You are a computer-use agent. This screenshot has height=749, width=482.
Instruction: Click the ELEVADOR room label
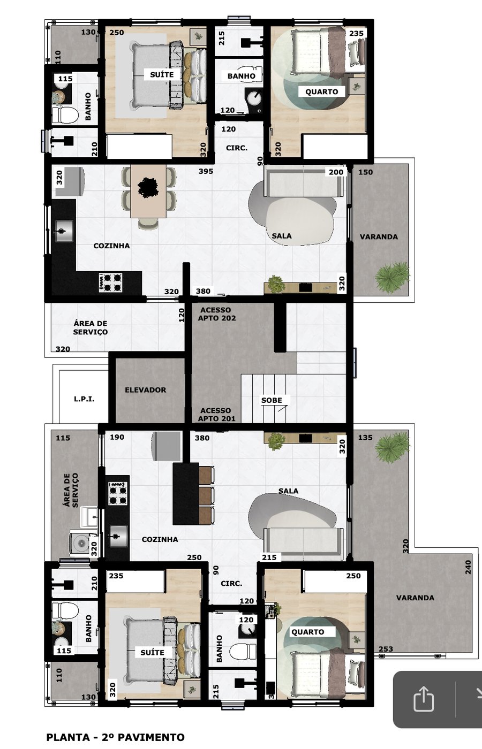(145, 390)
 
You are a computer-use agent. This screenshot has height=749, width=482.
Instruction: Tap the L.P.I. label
(84, 399)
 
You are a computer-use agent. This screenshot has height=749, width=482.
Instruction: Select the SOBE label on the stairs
(272, 400)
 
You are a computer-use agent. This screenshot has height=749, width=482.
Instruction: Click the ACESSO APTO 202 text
(216, 314)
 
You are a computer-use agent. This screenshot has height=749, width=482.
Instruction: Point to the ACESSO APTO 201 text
(216, 415)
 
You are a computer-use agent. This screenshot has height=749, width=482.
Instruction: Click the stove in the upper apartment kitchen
(110, 282)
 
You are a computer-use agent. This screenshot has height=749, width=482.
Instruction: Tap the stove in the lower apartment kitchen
(118, 493)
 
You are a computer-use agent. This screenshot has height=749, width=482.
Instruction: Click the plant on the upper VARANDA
(392, 277)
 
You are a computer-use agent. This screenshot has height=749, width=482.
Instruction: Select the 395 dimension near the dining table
(206, 171)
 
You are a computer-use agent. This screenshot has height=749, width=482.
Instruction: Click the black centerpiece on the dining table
(148, 187)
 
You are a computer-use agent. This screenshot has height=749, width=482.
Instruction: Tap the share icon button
(423, 699)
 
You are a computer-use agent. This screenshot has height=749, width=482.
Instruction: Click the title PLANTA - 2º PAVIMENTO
(115, 737)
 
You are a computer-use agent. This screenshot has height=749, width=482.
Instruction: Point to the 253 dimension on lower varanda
(386, 649)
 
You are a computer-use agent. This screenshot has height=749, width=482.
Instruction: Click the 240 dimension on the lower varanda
(468, 567)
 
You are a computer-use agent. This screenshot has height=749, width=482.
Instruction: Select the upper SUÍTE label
(162, 75)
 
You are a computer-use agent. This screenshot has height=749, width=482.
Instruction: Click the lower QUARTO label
(307, 632)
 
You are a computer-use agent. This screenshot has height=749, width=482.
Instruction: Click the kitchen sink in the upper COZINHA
(63, 232)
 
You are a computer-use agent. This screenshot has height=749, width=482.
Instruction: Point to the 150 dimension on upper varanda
(365, 172)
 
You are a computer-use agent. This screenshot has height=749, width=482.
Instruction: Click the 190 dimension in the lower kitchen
(117, 437)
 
